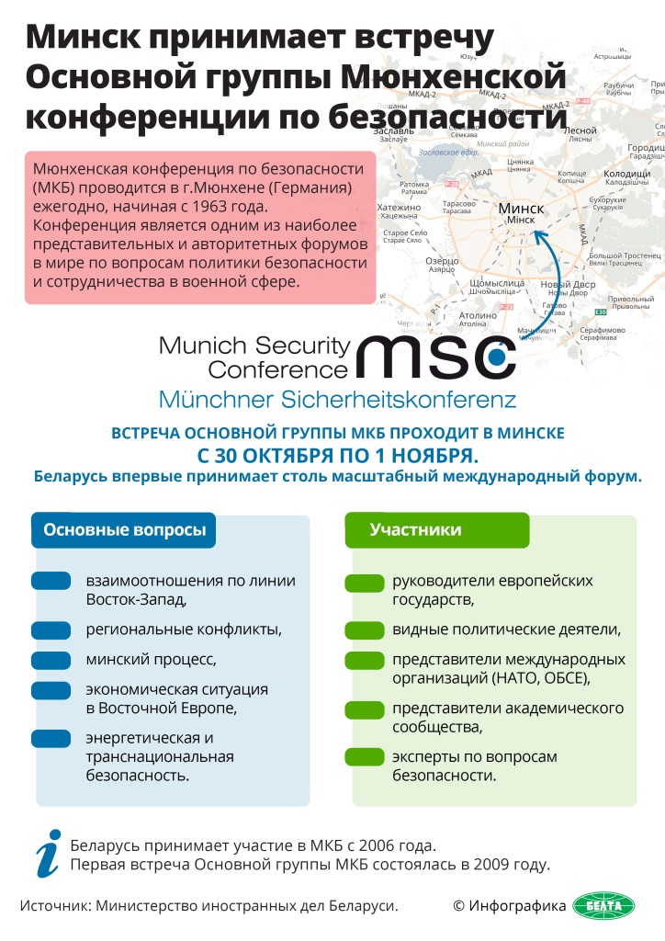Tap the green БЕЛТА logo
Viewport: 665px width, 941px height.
(603, 906)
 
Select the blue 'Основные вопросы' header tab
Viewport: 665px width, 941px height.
(124, 530)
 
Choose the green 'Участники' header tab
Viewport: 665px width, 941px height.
(415, 530)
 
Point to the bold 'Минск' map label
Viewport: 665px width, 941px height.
(521, 209)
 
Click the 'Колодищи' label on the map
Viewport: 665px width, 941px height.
(628, 172)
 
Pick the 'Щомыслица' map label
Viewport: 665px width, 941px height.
(497, 282)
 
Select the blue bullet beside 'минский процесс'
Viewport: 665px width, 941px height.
(51, 660)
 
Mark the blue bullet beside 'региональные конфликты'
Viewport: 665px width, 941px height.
(51, 629)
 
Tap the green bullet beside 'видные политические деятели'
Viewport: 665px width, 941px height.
(365, 629)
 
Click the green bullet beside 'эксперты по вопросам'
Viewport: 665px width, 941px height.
(365, 757)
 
